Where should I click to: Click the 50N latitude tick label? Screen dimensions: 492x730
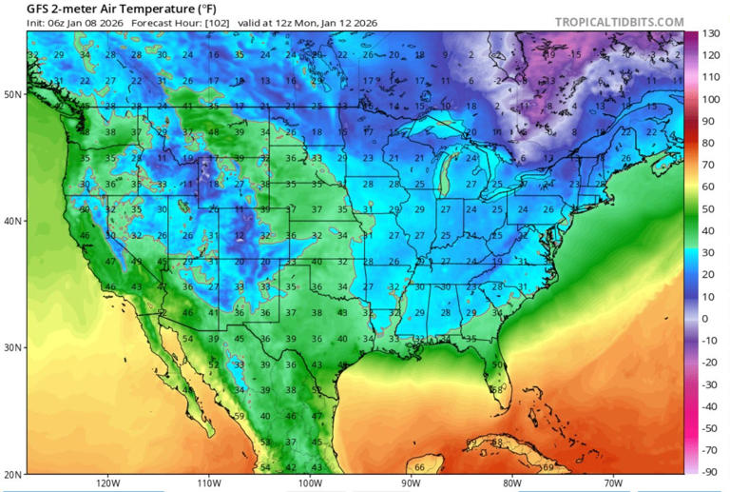click(x=13, y=94)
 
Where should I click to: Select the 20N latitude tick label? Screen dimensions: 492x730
click(x=13, y=473)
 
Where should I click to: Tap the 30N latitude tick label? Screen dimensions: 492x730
click(x=13, y=347)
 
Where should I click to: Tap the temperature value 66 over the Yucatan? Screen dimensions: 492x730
click(x=419, y=467)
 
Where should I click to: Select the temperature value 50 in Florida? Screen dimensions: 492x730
click(x=497, y=365)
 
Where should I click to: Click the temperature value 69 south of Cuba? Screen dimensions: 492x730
click(x=547, y=467)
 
